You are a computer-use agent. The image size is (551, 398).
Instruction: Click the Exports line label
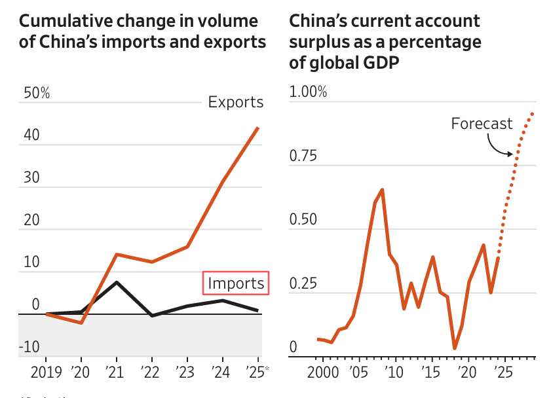click(x=236, y=102)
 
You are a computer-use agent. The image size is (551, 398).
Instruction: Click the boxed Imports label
click(x=236, y=283)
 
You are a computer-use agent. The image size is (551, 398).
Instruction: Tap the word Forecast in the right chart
click(x=482, y=124)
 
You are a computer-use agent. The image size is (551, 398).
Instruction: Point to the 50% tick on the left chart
click(x=37, y=94)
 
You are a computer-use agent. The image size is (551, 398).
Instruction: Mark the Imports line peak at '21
click(x=117, y=282)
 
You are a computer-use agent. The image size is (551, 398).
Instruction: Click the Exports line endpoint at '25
click(x=258, y=128)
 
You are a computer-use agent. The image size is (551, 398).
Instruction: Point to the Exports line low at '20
click(x=81, y=323)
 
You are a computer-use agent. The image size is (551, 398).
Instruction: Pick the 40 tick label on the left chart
click(x=32, y=136)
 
